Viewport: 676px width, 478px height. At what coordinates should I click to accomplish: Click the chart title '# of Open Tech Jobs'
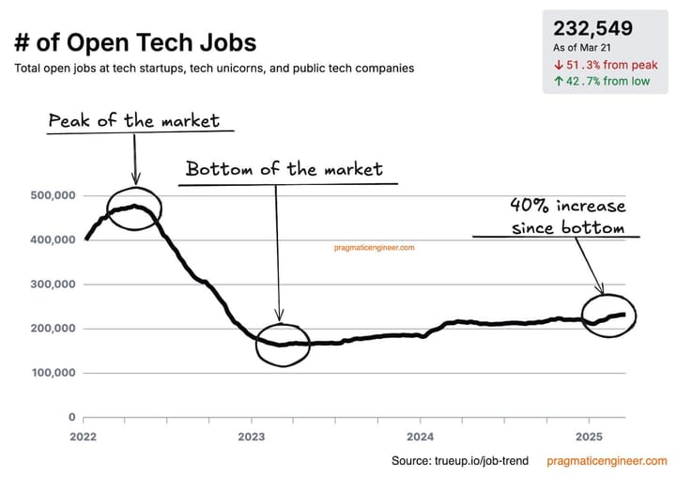pyautogui.click(x=134, y=42)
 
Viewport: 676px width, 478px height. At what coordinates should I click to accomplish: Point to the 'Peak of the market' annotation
pyautogui.click(x=134, y=120)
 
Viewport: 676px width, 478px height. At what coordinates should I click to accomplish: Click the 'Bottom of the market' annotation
pyautogui.click(x=284, y=169)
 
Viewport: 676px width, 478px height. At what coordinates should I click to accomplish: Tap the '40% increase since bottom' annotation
pyautogui.click(x=567, y=217)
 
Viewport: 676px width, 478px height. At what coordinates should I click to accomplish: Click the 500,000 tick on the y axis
pyautogui.click(x=48, y=195)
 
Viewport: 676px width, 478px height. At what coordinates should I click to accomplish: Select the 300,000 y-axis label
pyautogui.click(x=48, y=285)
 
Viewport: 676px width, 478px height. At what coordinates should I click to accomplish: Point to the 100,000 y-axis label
pyautogui.click(x=48, y=373)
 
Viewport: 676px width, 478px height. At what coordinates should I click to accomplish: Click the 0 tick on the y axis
pyautogui.click(x=70, y=417)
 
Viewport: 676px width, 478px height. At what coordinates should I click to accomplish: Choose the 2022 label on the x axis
pyautogui.click(x=84, y=437)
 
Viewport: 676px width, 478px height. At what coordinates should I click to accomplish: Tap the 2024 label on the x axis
pyautogui.click(x=420, y=437)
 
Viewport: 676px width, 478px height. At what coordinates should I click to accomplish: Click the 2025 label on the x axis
pyautogui.click(x=588, y=437)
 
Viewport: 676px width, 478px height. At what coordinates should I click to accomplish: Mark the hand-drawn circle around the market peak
pyautogui.click(x=134, y=209)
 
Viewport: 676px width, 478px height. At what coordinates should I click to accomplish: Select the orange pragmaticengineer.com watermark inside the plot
pyautogui.click(x=375, y=248)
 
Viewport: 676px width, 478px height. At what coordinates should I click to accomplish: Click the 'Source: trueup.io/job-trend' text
pyautogui.click(x=460, y=461)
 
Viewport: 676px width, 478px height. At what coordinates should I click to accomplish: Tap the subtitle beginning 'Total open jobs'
pyautogui.click(x=214, y=69)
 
